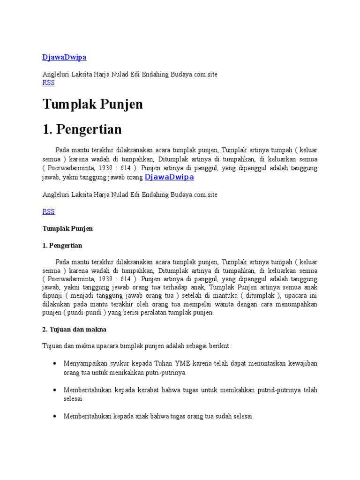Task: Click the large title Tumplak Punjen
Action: click(x=92, y=104)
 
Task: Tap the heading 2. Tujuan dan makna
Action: click(x=74, y=330)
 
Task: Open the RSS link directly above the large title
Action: click(x=48, y=82)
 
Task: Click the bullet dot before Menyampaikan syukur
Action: click(x=55, y=363)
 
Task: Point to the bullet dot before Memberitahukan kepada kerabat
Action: click(x=55, y=390)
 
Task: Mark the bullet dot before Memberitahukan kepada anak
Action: click(x=55, y=416)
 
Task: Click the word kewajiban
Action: click(x=301, y=363)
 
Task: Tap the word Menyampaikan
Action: click(x=84, y=363)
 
